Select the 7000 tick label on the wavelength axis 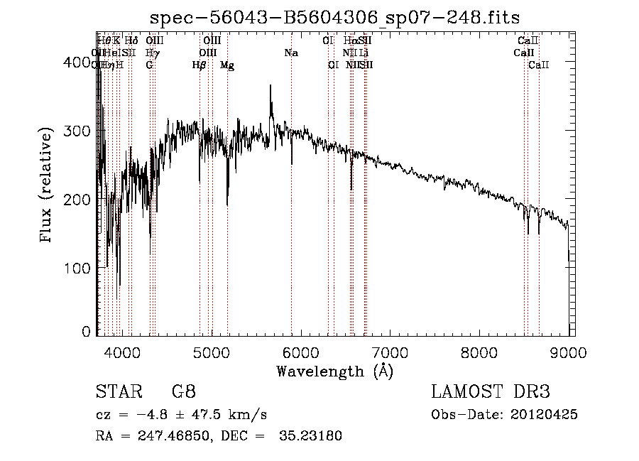click(390, 351)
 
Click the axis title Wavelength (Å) click(334, 371)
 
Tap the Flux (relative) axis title click(48, 187)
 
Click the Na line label click(290, 53)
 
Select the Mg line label click(227, 65)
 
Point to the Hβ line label click(200, 65)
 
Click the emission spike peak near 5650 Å click(270, 86)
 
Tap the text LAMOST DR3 click(491, 392)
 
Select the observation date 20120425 click(545, 414)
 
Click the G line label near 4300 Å click(149, 65)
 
